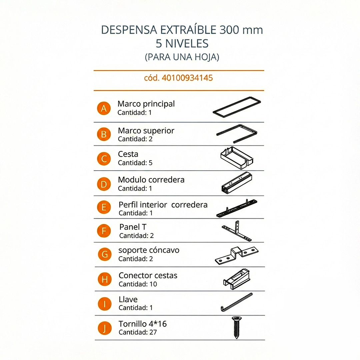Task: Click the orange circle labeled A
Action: [x=104, y=108]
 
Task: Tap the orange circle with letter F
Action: [x=104, y=231]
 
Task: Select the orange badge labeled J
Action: [x=104, y=328]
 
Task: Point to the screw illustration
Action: [x=236, y=328]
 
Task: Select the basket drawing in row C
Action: [x=236, y=158]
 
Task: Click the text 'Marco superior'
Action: [x=146, y=131]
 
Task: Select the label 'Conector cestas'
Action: [x=148, y=276]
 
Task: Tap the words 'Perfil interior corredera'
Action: [x=163, y=205]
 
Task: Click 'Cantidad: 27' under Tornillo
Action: [x=138, y=332]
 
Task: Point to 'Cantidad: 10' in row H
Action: [x=138, y=284]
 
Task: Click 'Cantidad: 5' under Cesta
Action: [x=135, y=163]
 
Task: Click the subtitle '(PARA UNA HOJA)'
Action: [x=182, y=57]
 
